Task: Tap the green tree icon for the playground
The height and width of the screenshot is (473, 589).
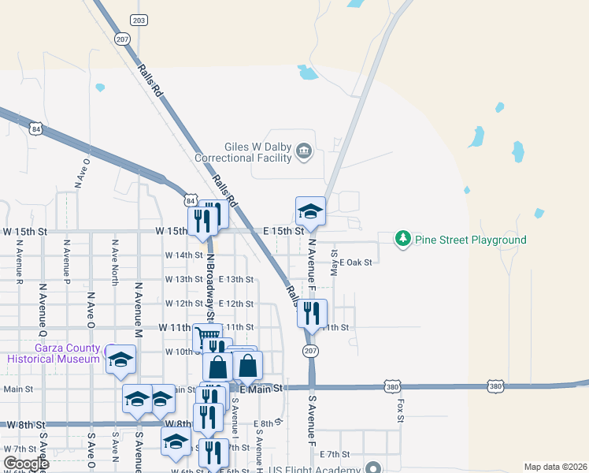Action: point(403,238)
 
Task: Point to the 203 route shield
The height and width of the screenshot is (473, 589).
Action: point(139,20)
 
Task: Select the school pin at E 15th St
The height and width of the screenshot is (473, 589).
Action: point(310,211)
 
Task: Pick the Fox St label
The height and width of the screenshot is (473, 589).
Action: point(400,410)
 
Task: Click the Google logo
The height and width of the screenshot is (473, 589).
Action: point(25,464)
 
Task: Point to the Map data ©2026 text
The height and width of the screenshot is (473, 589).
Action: point(554,467)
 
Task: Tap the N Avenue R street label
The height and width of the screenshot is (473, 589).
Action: point(18,261)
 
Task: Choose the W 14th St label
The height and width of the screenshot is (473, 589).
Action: point(184,255)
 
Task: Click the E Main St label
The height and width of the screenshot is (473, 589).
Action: point(260,389)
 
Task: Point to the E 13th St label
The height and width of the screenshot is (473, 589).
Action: point(236,279)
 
